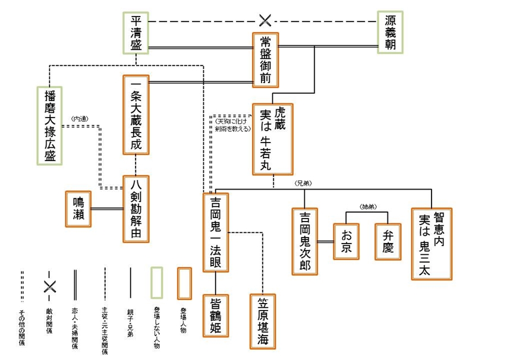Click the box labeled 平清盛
point(136,33)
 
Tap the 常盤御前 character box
point(265,59)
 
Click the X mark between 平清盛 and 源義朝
point(265,21)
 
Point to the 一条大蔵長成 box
point(135,115)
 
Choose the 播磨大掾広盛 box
point(49,125)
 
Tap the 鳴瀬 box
point(78,209)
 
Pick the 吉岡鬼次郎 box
point(305,241)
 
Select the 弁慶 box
point(387,241)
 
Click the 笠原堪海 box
point(263,321)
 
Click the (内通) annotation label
point(79,119)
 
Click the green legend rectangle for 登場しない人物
point(156,283)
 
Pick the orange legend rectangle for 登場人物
point(185,283)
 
